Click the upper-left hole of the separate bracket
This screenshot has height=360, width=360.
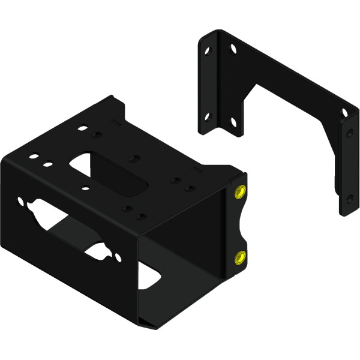[207, 52]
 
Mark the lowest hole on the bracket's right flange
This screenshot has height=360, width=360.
[350, 199]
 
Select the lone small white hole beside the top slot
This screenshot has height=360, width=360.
[86, 188]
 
